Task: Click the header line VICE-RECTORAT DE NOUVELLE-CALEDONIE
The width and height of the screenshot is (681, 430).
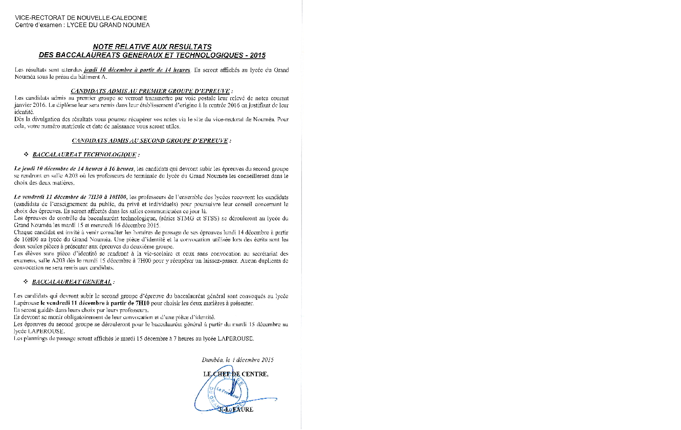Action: coord(81,18)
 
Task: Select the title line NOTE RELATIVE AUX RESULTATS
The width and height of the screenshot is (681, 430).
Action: coord(152,47)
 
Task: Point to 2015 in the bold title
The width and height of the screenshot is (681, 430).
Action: coord(257,55)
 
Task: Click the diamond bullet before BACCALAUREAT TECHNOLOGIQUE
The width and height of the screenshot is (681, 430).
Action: coord(26,154)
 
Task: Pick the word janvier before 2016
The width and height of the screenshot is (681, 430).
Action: coord(24,105)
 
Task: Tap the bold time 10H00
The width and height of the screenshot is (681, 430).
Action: coord(117,197)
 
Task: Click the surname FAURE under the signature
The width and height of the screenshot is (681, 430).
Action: coord(244,409)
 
